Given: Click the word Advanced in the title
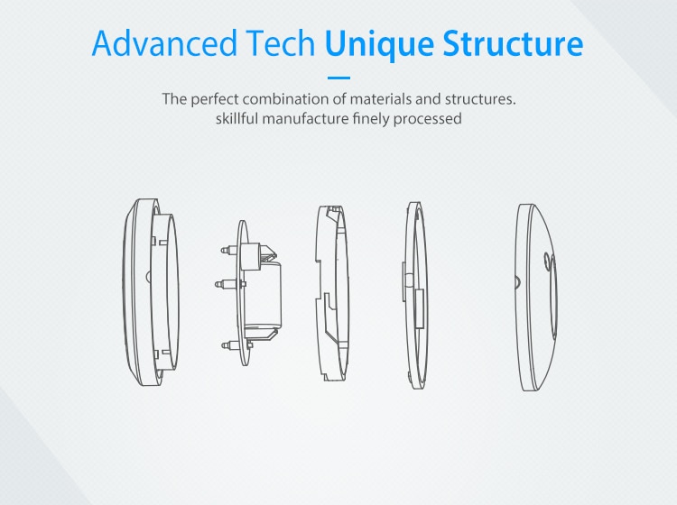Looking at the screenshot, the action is tap(165, 43).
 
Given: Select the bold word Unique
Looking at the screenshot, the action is tap(379, 45).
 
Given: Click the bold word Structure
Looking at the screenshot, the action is tap(513, 43).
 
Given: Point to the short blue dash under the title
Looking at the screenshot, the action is tap(338, 78).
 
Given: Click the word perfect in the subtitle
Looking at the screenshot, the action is tap(215, 99).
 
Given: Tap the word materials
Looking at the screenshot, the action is tap(380, 99).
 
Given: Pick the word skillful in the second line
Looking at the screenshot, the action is tap(237, 118).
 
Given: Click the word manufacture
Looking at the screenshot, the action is tap(305, 119).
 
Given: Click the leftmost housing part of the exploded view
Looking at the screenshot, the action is tap(150, 292).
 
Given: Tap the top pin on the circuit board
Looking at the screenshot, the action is tap(229, 250).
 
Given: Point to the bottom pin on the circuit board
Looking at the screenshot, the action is tap(229, 345).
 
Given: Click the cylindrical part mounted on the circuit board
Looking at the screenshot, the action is tap(263, 294).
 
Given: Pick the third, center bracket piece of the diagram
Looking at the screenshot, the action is tap(331, 293).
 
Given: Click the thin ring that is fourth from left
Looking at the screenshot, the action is tap(416, 296).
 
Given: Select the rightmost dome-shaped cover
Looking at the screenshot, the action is tap(536, 298).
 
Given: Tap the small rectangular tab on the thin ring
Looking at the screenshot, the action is tap(419, 308).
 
